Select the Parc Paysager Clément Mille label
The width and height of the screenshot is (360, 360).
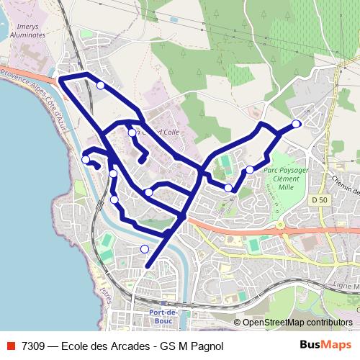289,178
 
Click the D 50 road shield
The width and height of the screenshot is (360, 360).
320,199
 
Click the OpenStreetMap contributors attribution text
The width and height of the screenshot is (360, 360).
297,323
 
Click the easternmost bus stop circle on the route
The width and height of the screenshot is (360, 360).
296,124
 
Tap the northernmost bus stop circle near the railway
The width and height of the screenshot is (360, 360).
100,86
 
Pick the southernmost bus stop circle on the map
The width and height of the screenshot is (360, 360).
145,249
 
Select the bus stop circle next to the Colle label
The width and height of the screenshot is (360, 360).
132,132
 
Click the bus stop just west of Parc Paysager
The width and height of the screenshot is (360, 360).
249,170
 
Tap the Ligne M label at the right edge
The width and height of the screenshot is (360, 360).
344,287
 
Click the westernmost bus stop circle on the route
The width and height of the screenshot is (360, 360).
86,160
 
